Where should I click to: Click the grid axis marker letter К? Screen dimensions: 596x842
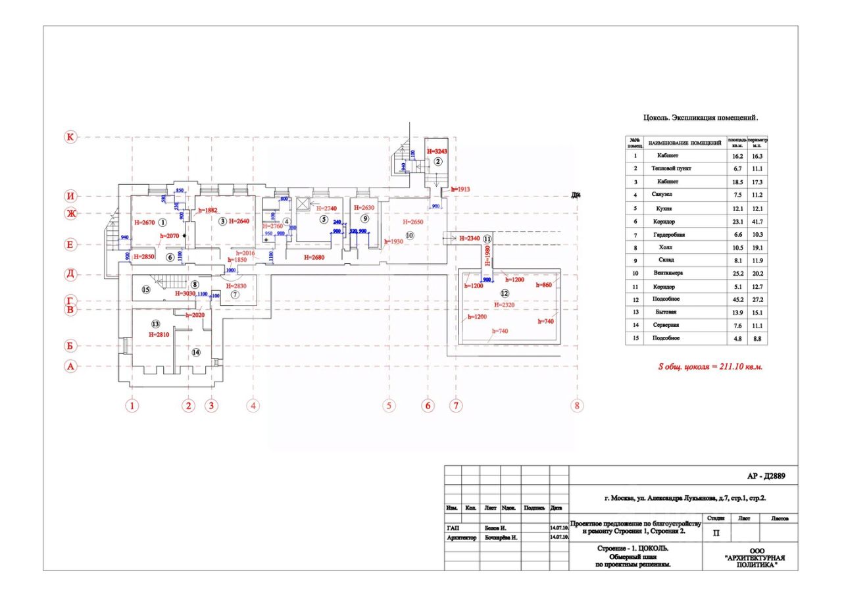[70, 137]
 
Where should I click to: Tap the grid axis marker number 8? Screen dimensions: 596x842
[578, 406]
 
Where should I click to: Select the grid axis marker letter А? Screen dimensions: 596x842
[70, 366]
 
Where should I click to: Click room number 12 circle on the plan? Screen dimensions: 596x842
[505, 293]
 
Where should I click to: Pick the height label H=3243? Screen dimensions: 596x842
[437, 151]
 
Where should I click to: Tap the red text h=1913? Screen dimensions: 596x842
[461, 189]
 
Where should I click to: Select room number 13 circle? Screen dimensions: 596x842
[156, 324]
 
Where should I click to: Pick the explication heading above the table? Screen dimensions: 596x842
[701, 119]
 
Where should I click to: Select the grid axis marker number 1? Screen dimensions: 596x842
[132, 406]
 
